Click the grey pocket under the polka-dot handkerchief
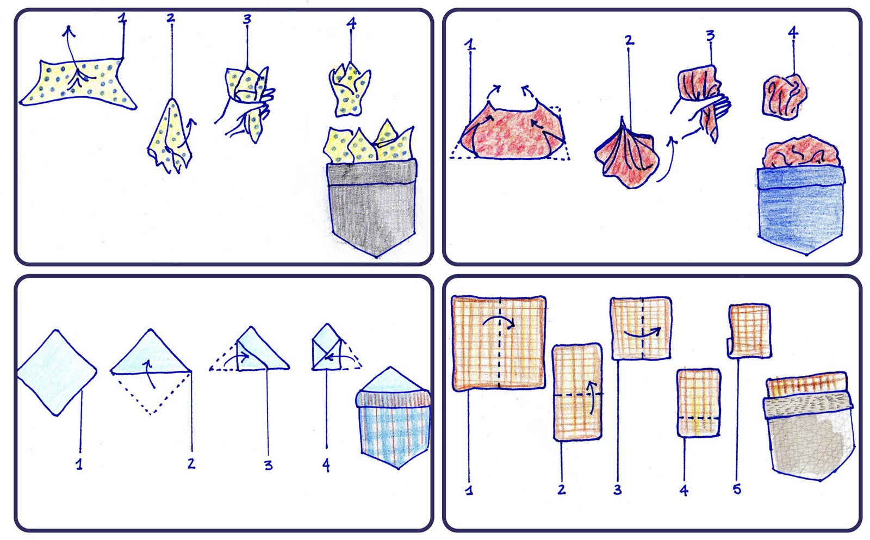[x=372, y=208]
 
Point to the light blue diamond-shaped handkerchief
[x=57, y=373]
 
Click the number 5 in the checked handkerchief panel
[x=737, y=488]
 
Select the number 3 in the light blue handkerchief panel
[x=268, y=464]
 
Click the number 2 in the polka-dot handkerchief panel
[x=171, y=17]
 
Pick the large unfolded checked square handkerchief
[x=499, y=343]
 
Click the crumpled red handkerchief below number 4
[x=785, y=96]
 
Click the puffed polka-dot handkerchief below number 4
[x=350, y=89]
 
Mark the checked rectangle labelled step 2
[x=577, y=393]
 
